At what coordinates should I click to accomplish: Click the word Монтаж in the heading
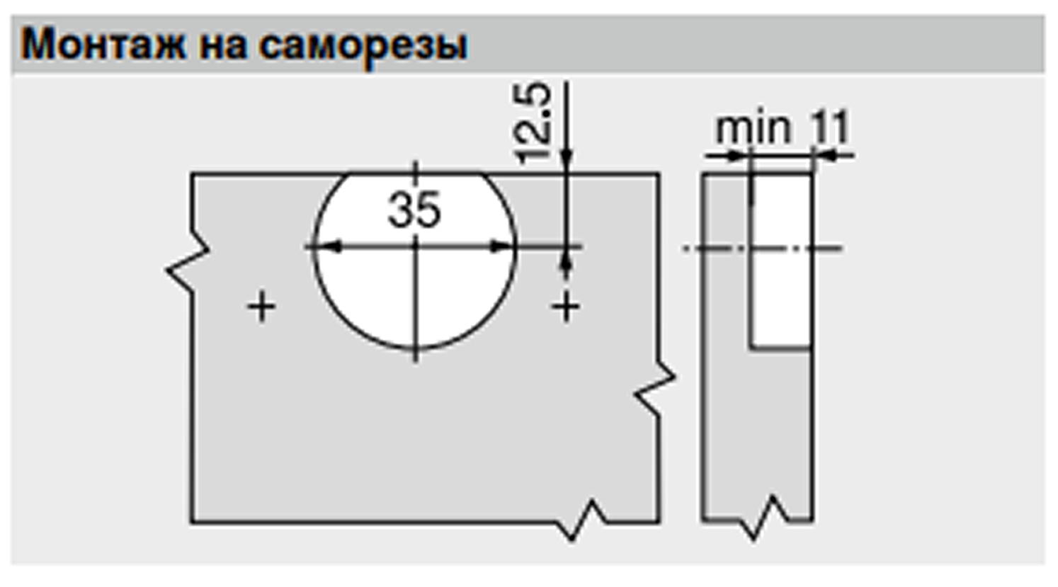[103, 45]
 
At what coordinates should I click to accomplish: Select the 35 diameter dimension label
[414, 210]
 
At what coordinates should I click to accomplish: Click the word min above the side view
[753, 129]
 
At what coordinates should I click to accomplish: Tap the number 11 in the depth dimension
[829, 129]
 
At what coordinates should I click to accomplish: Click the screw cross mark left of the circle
[261, 307]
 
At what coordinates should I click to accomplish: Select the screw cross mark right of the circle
[566, 307]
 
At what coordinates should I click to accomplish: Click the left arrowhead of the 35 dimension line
[327, 247]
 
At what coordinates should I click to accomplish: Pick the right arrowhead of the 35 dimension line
[503, 247]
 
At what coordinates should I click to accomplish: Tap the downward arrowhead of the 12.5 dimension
[567, 160]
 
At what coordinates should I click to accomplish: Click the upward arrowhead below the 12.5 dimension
[567, 262]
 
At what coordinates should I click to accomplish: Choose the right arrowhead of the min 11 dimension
[824, 154]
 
